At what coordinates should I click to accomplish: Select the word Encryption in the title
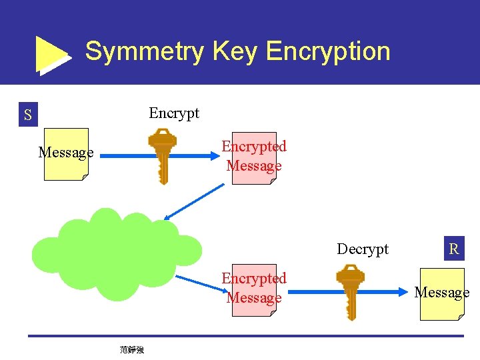(328, 51)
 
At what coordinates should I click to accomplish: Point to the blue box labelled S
(27, 115)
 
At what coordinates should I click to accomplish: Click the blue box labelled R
(454, 249)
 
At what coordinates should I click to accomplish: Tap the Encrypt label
(174, 113)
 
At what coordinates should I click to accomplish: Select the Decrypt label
(363, 249)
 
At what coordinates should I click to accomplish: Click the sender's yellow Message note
(66, 154)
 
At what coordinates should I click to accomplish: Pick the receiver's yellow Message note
(441, 294)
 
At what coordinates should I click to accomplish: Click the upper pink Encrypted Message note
(254, 157)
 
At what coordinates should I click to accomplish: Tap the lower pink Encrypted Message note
(254, 289)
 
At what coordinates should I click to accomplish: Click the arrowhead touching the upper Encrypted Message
(215, 157)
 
